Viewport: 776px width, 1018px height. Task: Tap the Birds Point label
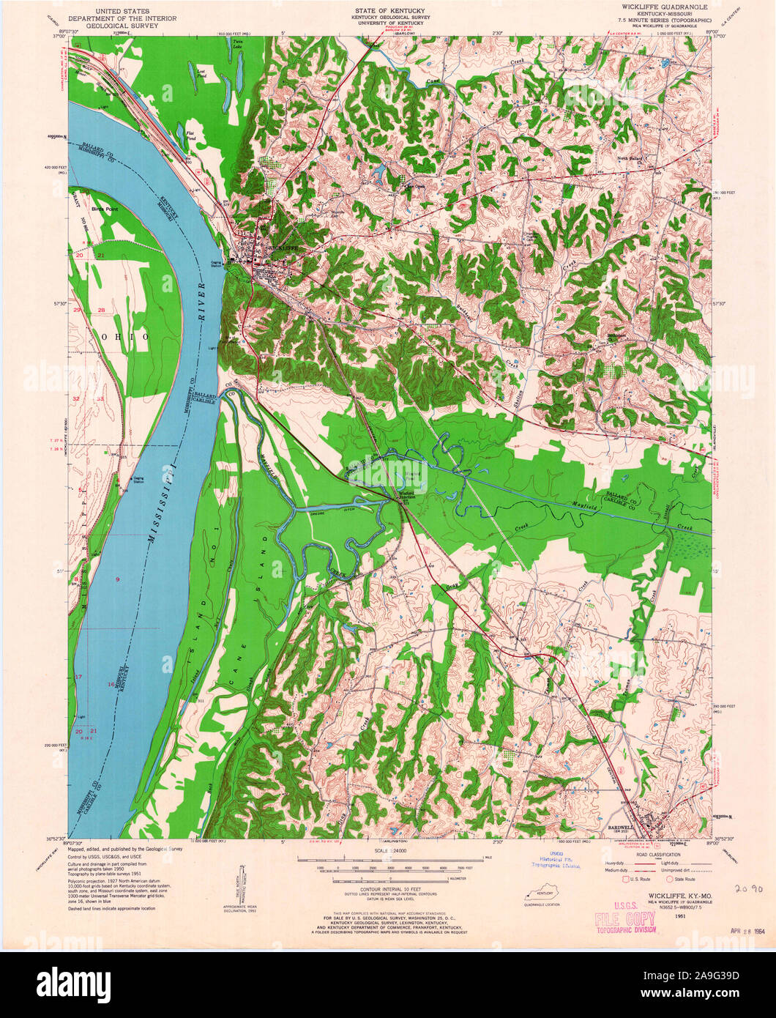coord(94,207)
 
